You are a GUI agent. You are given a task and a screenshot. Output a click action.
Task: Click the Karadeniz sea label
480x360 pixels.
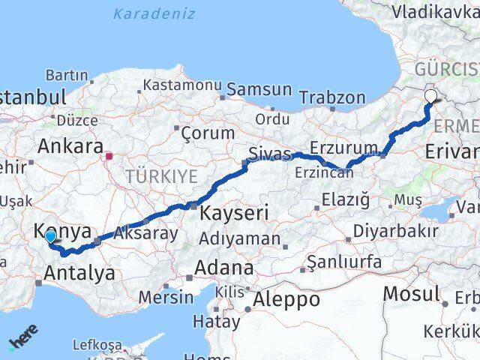point(154,13)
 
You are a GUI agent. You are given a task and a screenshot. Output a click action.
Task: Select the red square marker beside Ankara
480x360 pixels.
point(109,157)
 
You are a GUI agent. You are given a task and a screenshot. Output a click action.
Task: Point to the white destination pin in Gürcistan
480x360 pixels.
point(431,95)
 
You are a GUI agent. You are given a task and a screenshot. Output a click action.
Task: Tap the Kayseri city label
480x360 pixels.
point(233,213)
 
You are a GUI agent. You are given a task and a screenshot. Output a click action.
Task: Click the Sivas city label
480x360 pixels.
point(269,154)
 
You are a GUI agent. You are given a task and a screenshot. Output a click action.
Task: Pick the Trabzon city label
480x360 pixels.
point(332,97)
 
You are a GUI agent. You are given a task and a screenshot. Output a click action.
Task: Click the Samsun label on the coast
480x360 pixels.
point(259,89)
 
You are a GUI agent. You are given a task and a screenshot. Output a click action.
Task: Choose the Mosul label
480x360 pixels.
point(411,293)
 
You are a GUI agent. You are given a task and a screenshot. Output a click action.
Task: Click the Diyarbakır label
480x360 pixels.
point(395,230)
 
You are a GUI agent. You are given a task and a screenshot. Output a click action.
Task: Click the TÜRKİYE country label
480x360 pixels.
point(161,177)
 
